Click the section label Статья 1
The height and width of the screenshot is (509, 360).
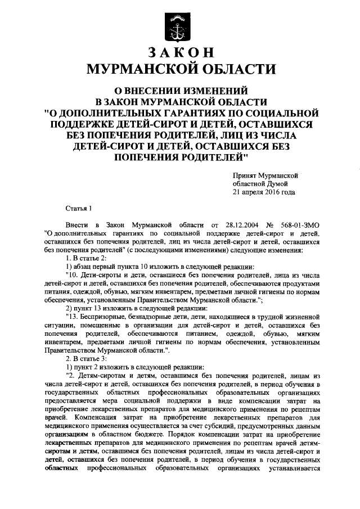click(78, 208)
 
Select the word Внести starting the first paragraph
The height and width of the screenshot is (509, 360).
click(76, 225)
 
